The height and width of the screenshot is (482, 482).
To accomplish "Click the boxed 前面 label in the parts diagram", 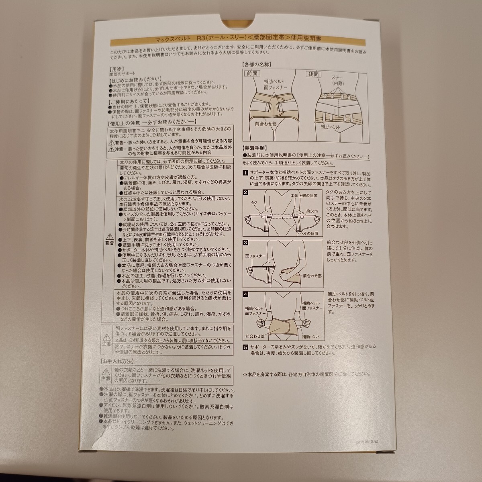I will [x=253, y=74].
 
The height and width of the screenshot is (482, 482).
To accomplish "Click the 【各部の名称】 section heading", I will [x=257, y=64].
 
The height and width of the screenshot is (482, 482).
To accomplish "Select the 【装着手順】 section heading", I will [x=257, y=148].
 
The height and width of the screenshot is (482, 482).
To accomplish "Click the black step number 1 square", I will [x=245, y=172].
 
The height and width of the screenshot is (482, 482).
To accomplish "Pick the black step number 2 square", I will [x=245, y=192].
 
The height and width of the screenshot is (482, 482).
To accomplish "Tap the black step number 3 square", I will [x=245, y=242].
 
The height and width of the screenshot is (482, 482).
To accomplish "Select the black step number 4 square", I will [x=245, y=294].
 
